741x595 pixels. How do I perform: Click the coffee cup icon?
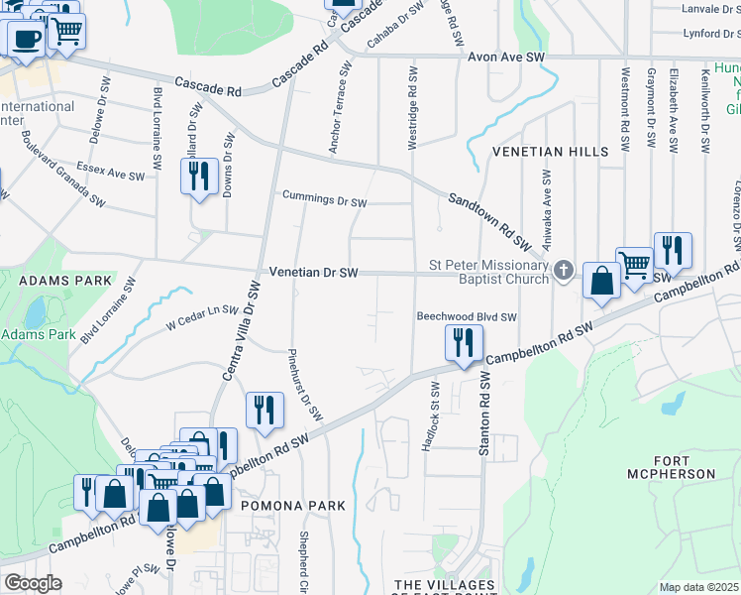[25, 39]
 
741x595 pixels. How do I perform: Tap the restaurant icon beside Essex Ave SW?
[199, 177]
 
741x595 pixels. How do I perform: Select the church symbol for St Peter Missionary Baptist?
[563, 270]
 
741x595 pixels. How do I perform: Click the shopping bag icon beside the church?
[600, 281]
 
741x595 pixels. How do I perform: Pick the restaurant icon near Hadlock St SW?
[463, 343]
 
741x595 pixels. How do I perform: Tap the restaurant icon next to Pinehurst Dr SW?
[265, 411]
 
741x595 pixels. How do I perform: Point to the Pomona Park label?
[293, 506]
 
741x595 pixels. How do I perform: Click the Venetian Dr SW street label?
[312, 273]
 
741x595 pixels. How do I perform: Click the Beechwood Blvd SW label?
[467, 317]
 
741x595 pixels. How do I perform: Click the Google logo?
[33, 583]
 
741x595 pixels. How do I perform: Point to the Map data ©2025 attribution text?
[699, 587]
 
